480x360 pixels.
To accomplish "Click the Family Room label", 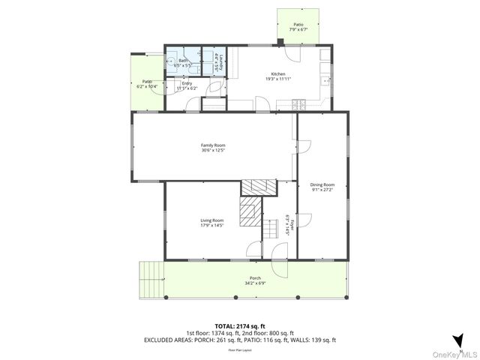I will click(213, 145).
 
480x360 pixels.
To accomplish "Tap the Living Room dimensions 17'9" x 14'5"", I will click(212, 225).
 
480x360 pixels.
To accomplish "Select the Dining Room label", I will click(322, 184).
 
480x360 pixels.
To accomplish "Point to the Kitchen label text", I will click(277, 73).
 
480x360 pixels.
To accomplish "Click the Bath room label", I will click(183, 60).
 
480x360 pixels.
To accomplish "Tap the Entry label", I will click(187, 83).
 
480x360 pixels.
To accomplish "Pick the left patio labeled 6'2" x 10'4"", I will click(147, 84).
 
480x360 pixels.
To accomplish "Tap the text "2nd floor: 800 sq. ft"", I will click(270, 333).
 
